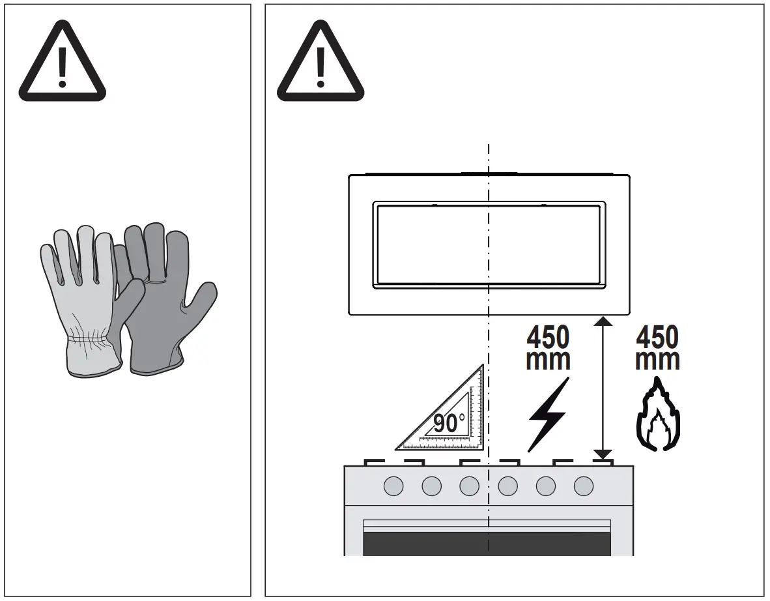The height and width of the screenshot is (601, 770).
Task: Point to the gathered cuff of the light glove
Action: click(x=91, y=340)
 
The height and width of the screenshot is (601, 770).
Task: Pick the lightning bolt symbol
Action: click(x=548, y=415)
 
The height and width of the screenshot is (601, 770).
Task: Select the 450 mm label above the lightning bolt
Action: click(x=548, y=349)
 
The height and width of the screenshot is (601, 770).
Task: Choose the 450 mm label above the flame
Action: click(x=657, y=349)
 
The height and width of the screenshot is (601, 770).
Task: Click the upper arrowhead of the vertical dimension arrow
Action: click(x=603, y=321)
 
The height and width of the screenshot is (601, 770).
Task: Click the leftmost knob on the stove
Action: click(x=393, y=485)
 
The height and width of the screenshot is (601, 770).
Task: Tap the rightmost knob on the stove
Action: click(x=584, y=485)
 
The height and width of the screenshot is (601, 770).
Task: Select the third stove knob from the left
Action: click(x=469, y=485)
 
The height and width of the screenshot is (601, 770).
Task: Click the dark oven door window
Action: click(x=486, y=544)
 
